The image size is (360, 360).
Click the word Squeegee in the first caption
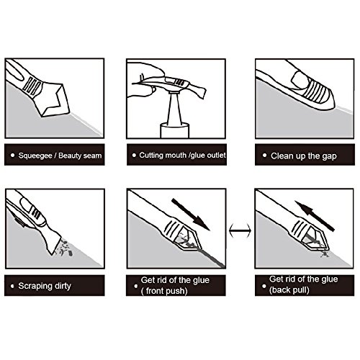(x=35, y=156)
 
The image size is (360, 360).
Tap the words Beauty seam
(x=80, y=156)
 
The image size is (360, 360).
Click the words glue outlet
(x=208, y=155)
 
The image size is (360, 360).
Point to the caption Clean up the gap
(x=304, y=156)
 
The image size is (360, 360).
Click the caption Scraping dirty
(x=45, y=286)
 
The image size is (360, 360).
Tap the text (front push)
(x=164, y=291)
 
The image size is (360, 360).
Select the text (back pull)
(x=289, y=290)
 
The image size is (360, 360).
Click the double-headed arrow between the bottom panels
(x=240, y=230)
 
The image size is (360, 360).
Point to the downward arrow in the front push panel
(x=191, y=215)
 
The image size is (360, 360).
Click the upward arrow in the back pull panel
(x=315, y=216)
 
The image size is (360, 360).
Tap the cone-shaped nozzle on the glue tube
(x=175, y=109)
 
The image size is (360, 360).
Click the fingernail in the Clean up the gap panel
(x=299, y=78)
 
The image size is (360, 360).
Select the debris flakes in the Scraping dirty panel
(x=64, y=246)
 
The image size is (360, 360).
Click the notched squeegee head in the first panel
(x=51, y=99)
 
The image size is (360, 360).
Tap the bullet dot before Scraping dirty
(x=12, y=286)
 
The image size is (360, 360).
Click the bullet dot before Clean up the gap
(x=264, y=156)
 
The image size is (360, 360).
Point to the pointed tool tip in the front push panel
(x=200, y=248)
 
